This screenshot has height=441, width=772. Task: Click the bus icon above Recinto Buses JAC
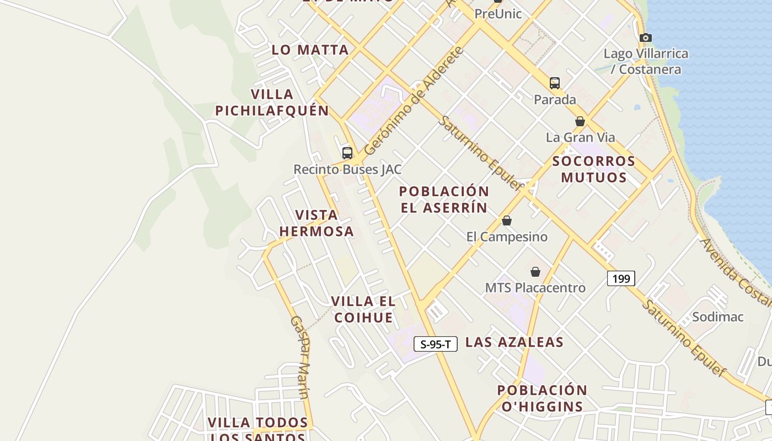click(347, 153)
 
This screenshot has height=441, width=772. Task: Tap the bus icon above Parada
click(555, 83)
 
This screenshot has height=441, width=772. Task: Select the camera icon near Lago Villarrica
click(645, 38)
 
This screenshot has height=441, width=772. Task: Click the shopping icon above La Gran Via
click(580, 121)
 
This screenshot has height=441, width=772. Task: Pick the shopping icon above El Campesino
click(507, 220)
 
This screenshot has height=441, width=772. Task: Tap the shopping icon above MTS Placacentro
click(535, 272)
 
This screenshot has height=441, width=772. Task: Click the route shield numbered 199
click(621, 278)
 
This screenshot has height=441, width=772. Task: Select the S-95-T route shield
click(436, 345)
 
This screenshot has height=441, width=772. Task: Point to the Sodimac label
click(717, 317)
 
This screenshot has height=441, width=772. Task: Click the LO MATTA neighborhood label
click(310, 50)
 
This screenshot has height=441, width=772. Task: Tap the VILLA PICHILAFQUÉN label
click(272, 103)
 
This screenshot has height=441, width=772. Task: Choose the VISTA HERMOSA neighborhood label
click(317, 223)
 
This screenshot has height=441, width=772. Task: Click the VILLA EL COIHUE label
click(363, 309)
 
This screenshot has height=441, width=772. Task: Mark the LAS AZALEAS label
click(514, 342)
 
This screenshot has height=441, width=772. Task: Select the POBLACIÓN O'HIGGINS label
click(542, 399)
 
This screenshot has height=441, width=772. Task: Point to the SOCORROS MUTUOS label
click(594, 169)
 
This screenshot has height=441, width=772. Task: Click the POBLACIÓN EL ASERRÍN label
click(444, 200)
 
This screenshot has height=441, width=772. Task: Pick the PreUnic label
click(498, 14)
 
